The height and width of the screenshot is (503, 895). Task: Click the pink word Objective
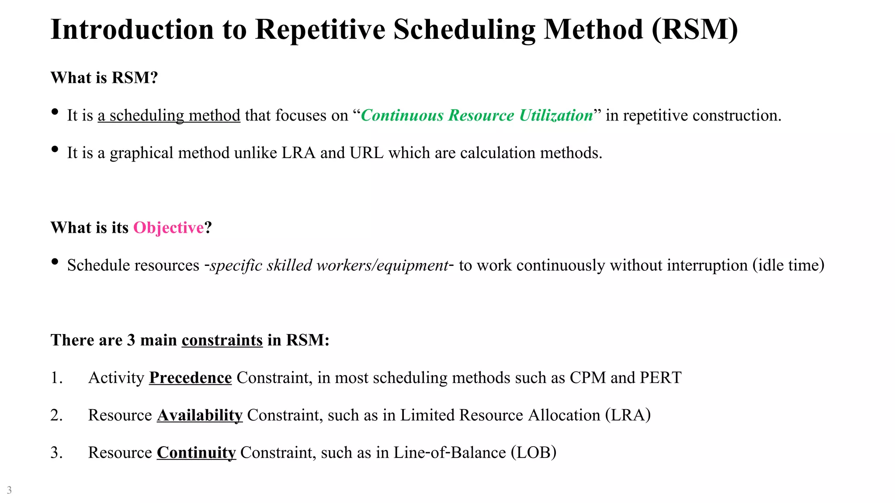(168, 228)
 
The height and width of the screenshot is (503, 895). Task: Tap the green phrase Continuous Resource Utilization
(477, 115)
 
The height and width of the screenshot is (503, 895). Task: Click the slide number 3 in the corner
(9, 490)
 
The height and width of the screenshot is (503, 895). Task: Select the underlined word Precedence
(190, 378)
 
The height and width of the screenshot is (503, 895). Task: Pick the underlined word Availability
(199, 415)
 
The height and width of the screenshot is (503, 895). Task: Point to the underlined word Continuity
(196, 453)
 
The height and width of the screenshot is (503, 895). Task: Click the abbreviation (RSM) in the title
(694, 30)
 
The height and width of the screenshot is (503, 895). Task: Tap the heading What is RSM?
(104, 78)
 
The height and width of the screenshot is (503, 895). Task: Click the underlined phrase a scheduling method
(169, 115)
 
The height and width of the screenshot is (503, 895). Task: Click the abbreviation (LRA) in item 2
(628, 415)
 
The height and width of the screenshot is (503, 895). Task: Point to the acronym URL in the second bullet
(366, 153)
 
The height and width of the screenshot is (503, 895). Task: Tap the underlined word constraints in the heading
(222, 340)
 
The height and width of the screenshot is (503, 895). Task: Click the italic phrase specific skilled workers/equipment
(329, 265)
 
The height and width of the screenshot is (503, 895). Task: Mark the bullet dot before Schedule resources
(55, 262)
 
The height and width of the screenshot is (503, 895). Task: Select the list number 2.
(56, 415)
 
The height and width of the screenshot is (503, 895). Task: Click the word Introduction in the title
(132, 30)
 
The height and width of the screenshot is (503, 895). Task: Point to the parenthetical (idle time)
(788, 265)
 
